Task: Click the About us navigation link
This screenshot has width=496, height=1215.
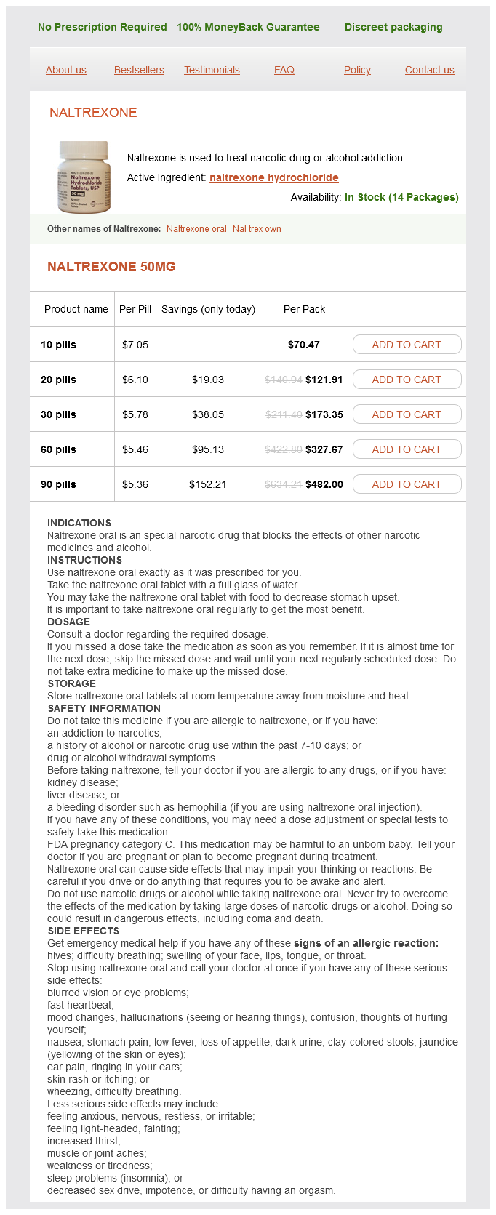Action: pos(65,70)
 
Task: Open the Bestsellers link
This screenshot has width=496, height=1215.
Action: pos(139,70)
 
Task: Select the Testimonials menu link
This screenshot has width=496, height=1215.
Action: pos(212,70)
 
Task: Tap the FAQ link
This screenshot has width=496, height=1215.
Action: pos(284,70)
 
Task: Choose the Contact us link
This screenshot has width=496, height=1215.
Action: pos(429,70)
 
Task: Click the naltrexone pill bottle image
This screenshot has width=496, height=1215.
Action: pos(84,177)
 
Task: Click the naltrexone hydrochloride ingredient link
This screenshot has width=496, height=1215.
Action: pos(273,177)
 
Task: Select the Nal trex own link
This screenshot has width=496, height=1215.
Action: pos(257,229)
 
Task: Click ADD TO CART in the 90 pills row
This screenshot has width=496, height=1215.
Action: pos(407,484)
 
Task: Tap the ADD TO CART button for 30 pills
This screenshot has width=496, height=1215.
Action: pos(407,414)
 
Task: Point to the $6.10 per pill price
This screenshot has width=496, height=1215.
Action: pos(135,380)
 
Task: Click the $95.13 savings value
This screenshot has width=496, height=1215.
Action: pos(208,449)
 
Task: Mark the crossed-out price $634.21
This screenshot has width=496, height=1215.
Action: pos(284,484)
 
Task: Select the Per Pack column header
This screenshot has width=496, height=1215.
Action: pos(304,309)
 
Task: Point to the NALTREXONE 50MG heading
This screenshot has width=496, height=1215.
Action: pos(111,267)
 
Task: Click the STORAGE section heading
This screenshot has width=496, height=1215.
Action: pos(71,683)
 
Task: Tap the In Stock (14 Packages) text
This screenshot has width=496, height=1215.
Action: pos(401,197)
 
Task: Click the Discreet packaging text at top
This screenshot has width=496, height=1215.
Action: pos(393,27)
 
